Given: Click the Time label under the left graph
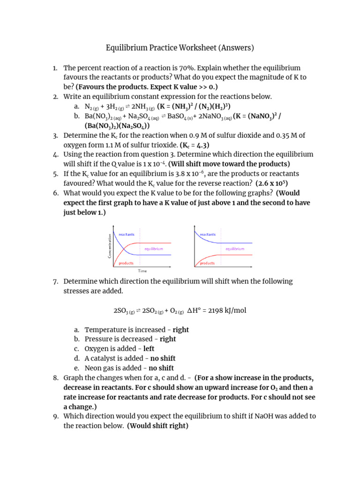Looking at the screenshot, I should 142,271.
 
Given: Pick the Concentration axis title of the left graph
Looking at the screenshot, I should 110,246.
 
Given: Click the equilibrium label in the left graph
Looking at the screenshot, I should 154,249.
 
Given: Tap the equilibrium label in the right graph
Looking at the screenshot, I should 235,249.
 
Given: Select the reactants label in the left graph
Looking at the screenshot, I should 127,234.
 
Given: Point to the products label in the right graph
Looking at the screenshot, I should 207,263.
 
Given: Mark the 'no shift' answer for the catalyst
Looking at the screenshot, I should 163,359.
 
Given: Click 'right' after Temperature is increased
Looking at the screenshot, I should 180,330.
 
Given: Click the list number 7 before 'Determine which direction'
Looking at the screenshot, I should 55,281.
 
